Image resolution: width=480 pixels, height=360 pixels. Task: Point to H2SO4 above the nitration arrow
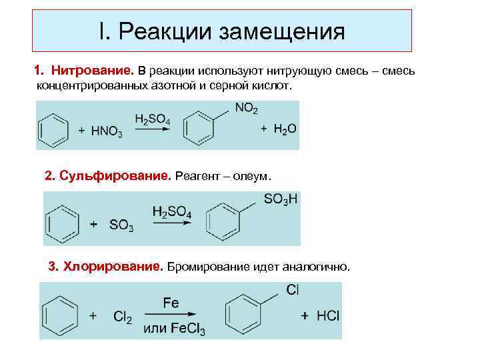coord(152,119)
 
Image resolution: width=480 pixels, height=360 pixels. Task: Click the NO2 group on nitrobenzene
coord(246,108)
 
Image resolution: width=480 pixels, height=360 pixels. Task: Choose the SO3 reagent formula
coord(120,225)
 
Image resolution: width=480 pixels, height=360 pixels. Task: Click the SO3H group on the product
coord(281,199)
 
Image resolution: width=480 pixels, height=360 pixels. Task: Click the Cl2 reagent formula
coord(122,317)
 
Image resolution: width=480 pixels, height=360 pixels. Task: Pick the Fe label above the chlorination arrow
coord(171,303)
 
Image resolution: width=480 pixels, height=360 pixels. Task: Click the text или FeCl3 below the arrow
coord(175,329)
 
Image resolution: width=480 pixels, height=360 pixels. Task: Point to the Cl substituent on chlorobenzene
coord(292,289)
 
